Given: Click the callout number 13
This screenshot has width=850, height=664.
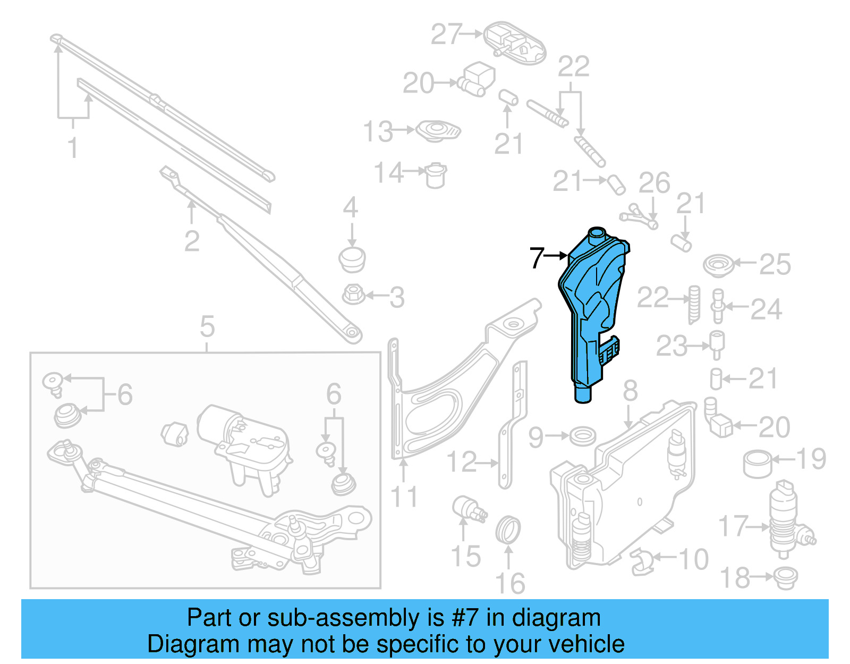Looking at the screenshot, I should (x=378, y=131).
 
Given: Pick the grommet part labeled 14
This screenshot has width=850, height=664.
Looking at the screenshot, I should (x=436, y=174).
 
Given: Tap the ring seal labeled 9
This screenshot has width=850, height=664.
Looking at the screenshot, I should (x=582, y=436).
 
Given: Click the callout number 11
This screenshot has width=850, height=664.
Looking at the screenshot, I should (x=404, y=497).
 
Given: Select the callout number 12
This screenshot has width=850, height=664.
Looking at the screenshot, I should (x=461, y=462).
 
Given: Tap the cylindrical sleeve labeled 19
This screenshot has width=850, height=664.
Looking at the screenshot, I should (x=757, y=464).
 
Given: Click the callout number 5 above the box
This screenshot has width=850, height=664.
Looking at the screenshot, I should (x=207, y=326).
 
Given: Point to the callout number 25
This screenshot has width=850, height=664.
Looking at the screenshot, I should (x=775, y=264).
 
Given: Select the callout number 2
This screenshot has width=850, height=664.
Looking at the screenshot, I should (x=192, y=241).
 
